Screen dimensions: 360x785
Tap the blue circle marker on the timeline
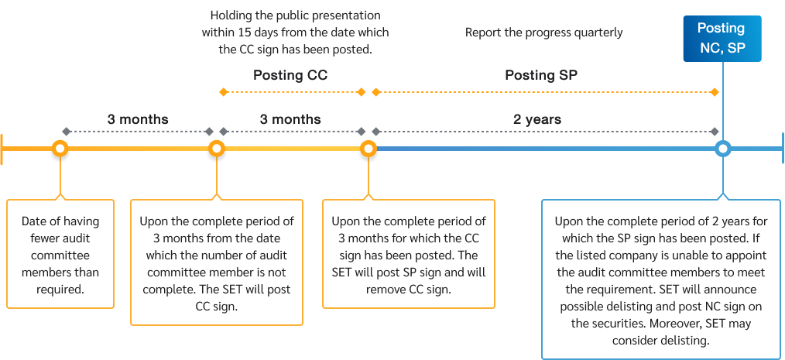pos(722,148)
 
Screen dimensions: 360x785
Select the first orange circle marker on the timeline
pos(60,148)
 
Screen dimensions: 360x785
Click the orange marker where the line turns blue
pos(369,148)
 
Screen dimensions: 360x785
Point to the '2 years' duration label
pos(537,120)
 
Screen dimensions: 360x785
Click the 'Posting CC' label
pos(290,76)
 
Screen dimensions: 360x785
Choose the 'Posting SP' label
pos(541,76)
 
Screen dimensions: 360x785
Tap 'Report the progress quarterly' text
pos(543,33)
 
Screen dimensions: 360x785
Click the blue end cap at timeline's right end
pos(782,148)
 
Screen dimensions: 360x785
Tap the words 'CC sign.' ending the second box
pos(217,307)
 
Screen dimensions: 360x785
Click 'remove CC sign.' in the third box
pos(408,290)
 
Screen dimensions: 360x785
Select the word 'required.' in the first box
pos(60,290)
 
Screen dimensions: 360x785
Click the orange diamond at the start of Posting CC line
pos(223,92)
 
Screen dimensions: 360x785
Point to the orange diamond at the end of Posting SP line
pos(714,92)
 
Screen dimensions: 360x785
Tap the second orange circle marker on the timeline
pos(217,148)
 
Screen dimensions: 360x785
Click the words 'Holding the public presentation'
pos(296,15)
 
